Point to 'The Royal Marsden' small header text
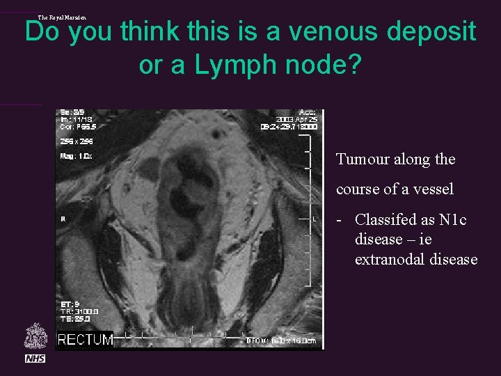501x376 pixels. (63, 17)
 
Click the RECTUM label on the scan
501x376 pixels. (86, 340)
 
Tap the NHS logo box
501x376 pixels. (35, 358)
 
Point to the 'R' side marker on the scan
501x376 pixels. (63, 219)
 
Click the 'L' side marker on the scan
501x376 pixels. (315, 219)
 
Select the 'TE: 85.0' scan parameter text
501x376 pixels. (75, 319)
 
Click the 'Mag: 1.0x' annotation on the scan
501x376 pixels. (75, 156)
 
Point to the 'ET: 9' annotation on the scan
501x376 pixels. (69, 304)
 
